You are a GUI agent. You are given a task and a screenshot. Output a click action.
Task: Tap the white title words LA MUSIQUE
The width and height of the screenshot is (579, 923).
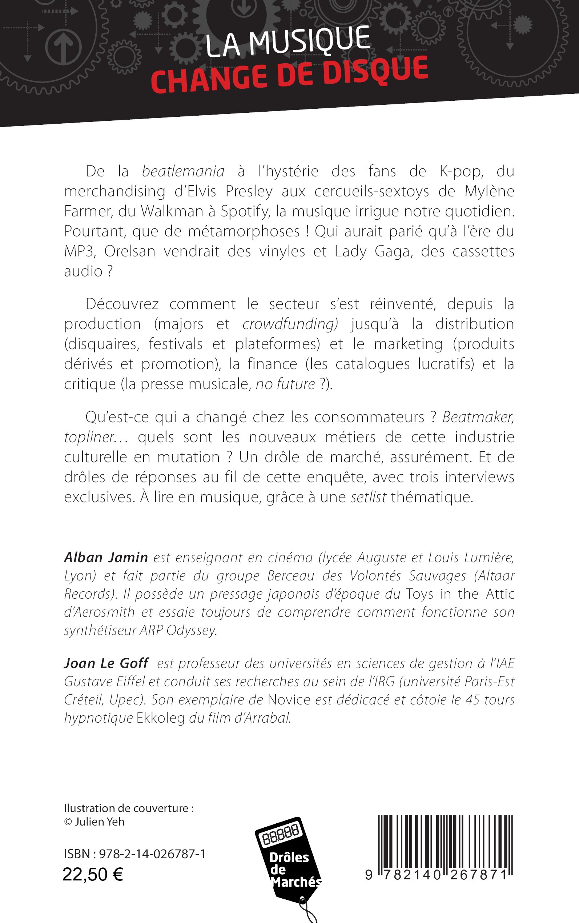point(287,41)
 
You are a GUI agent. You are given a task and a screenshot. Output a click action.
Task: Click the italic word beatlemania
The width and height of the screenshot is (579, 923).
point(183,171)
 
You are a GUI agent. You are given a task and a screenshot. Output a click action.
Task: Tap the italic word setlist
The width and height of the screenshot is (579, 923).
point(369,497)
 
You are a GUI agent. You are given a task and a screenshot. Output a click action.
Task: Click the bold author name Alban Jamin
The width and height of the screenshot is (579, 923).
point(106,558)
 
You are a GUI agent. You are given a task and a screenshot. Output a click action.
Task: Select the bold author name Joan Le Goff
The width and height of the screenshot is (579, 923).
point(106,663)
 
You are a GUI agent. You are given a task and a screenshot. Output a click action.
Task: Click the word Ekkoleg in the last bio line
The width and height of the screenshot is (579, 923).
point(160,718)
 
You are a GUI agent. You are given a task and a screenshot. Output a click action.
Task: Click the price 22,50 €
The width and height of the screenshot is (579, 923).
point(93,875)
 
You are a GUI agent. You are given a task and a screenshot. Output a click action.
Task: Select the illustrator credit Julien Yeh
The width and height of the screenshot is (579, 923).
point(100,822)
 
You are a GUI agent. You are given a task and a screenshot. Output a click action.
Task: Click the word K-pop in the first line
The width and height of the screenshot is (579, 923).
point(461,171)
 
